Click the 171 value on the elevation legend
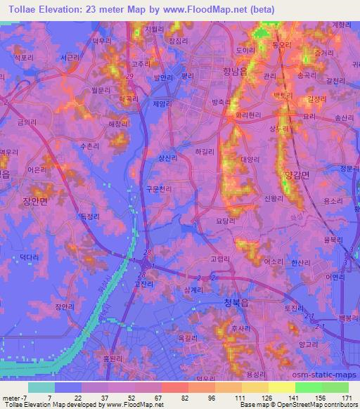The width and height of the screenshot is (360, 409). click(x=348, y=396)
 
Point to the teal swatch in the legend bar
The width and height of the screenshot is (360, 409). click(x=41, y=387)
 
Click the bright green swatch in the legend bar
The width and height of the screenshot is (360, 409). click(x=308, y=387)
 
